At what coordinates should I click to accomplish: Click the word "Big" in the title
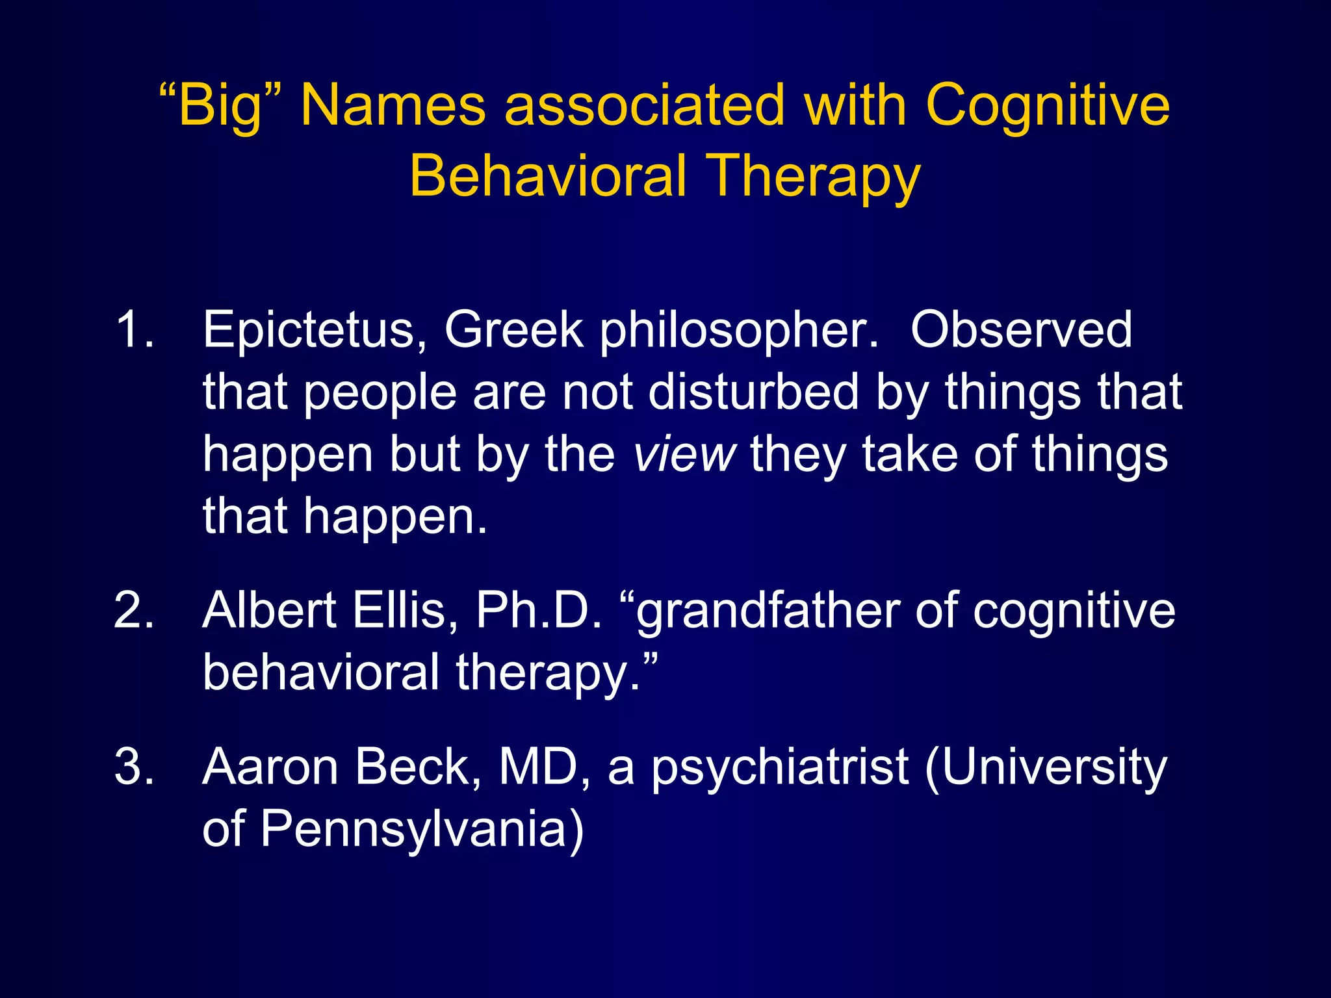(220, 106)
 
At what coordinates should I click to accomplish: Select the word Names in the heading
(393, 106)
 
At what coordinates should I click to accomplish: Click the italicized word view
(684, 454)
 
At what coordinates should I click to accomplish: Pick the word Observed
(1021, 329)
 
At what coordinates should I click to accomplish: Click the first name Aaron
(270, 767)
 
